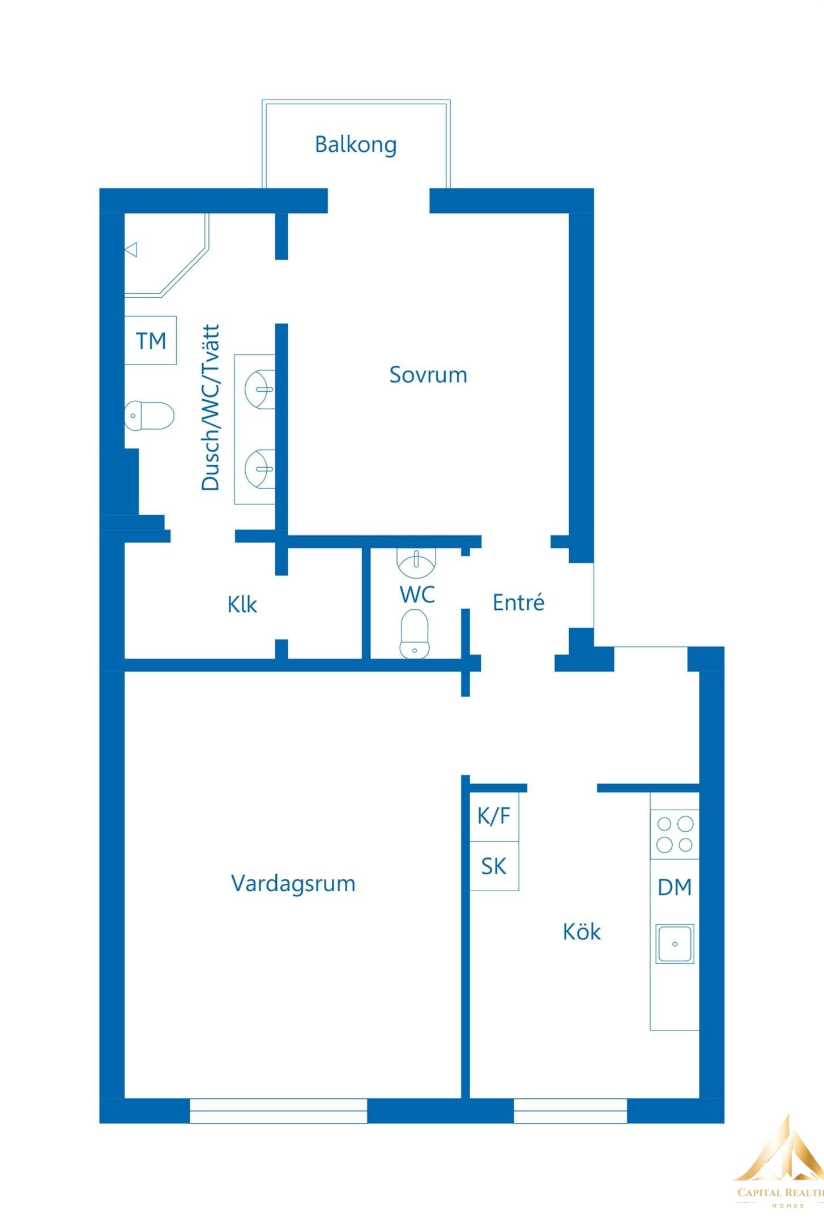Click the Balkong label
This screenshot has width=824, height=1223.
point(356,144)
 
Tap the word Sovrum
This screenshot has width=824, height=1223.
point(428,375)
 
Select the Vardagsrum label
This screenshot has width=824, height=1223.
point(293,883)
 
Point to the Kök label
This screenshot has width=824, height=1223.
point(582,931)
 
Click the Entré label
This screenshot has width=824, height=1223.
point(518,602)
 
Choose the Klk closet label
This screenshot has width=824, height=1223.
point(242,604)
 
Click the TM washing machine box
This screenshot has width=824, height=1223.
point(151,340)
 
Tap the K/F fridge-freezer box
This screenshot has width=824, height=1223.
point(494,816)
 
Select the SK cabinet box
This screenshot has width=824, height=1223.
point(494,866)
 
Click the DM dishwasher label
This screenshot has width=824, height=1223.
point(674,887)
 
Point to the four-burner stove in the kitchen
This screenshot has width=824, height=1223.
point(674,834)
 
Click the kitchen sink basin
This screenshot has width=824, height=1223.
point(674,944)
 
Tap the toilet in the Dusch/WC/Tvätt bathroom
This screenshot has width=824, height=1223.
point(149,416)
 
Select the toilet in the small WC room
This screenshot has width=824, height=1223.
point(415,634)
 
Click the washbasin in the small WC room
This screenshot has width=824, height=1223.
point(417,561)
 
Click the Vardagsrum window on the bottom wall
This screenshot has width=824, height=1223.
point(278,1110)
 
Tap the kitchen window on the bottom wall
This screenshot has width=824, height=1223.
point(570,1110)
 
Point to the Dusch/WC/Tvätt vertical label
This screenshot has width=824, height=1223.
point(210,407)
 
